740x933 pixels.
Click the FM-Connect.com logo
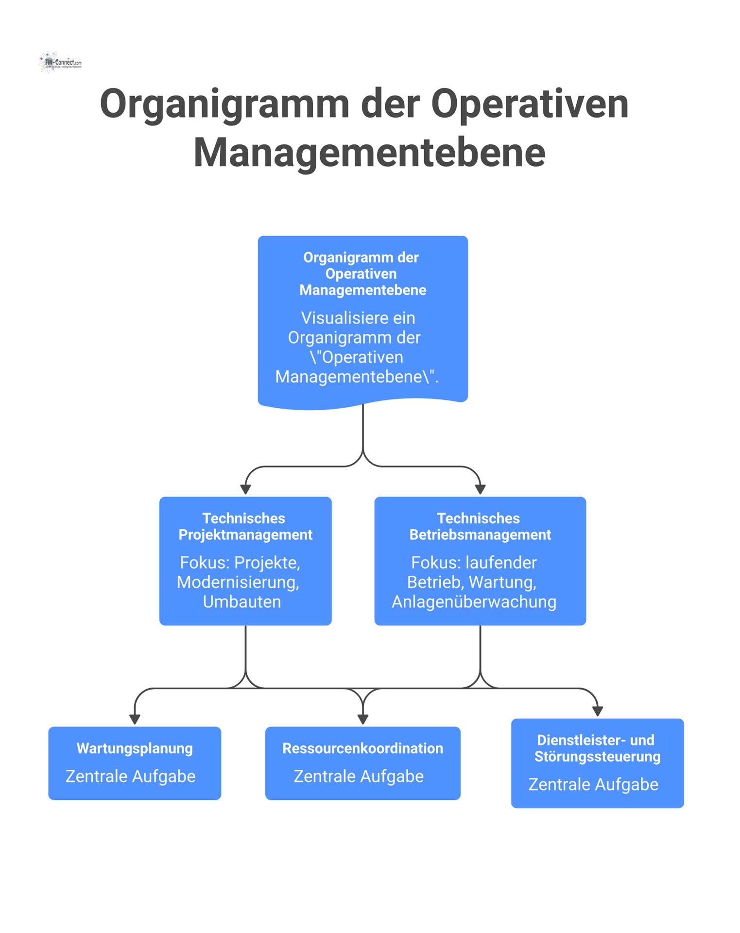(x=60, y=62)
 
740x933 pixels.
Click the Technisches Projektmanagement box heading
(x=245, y=526)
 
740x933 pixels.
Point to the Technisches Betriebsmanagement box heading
(x=480, y=526)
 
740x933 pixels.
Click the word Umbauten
(x=242, y=602)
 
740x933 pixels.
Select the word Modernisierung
(x=238, y=583)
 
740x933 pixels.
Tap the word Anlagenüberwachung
(x=474, y=602)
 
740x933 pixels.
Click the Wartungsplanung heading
(x=135, y=748)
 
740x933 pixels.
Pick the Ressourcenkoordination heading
(x=362, y=748)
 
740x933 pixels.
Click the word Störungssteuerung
(x=597, y=757)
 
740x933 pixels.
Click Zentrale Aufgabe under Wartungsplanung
(x=130, y=776)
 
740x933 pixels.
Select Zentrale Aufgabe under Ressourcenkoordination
(x=359, y=776)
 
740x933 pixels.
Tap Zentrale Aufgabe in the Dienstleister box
(x=593, y=784)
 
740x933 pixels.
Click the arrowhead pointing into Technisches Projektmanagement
(x=245, y=489)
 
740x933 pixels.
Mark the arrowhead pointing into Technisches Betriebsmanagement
(x=480, y=489)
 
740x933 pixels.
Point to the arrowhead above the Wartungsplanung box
(x=135, y=720)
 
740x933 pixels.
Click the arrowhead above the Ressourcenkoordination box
(x=362, y=720)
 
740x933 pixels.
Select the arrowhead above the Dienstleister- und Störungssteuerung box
(x=597, y=711)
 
